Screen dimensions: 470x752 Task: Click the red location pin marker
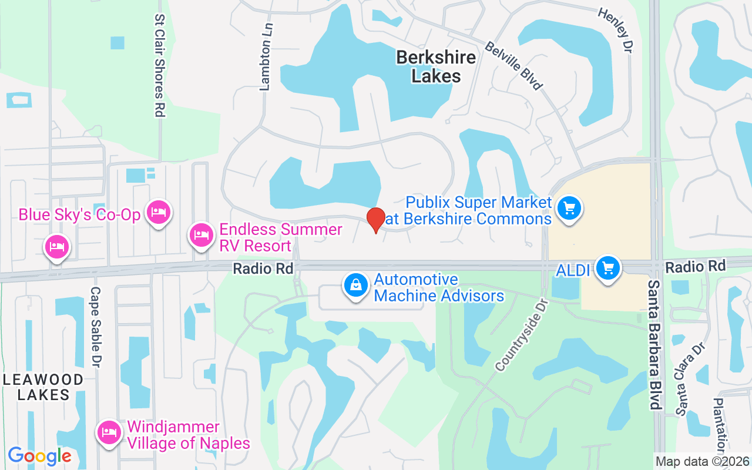(x=376, y=220)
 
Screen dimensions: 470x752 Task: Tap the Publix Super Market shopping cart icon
(x=569, y=209)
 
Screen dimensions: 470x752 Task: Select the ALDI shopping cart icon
(x=607, y=268)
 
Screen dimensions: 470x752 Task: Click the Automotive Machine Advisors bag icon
(x=355, y=286)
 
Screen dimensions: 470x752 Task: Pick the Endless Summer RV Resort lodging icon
(x=202, y=235)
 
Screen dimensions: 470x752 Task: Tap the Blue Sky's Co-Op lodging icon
(x=159, y=212)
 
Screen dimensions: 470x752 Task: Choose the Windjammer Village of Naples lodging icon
(x=109, y=432)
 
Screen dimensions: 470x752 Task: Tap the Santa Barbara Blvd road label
(x=656, y=344)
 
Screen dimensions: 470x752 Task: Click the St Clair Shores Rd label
(x=159, y=66)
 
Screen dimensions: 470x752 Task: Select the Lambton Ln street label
(x=266, y=56)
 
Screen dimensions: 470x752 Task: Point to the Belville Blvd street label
(x=513, y=65)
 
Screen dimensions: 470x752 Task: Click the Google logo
(x=39, y=455)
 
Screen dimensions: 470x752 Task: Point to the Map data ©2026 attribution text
(x=702, y=462)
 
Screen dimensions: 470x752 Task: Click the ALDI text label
(x=573, y=270)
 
